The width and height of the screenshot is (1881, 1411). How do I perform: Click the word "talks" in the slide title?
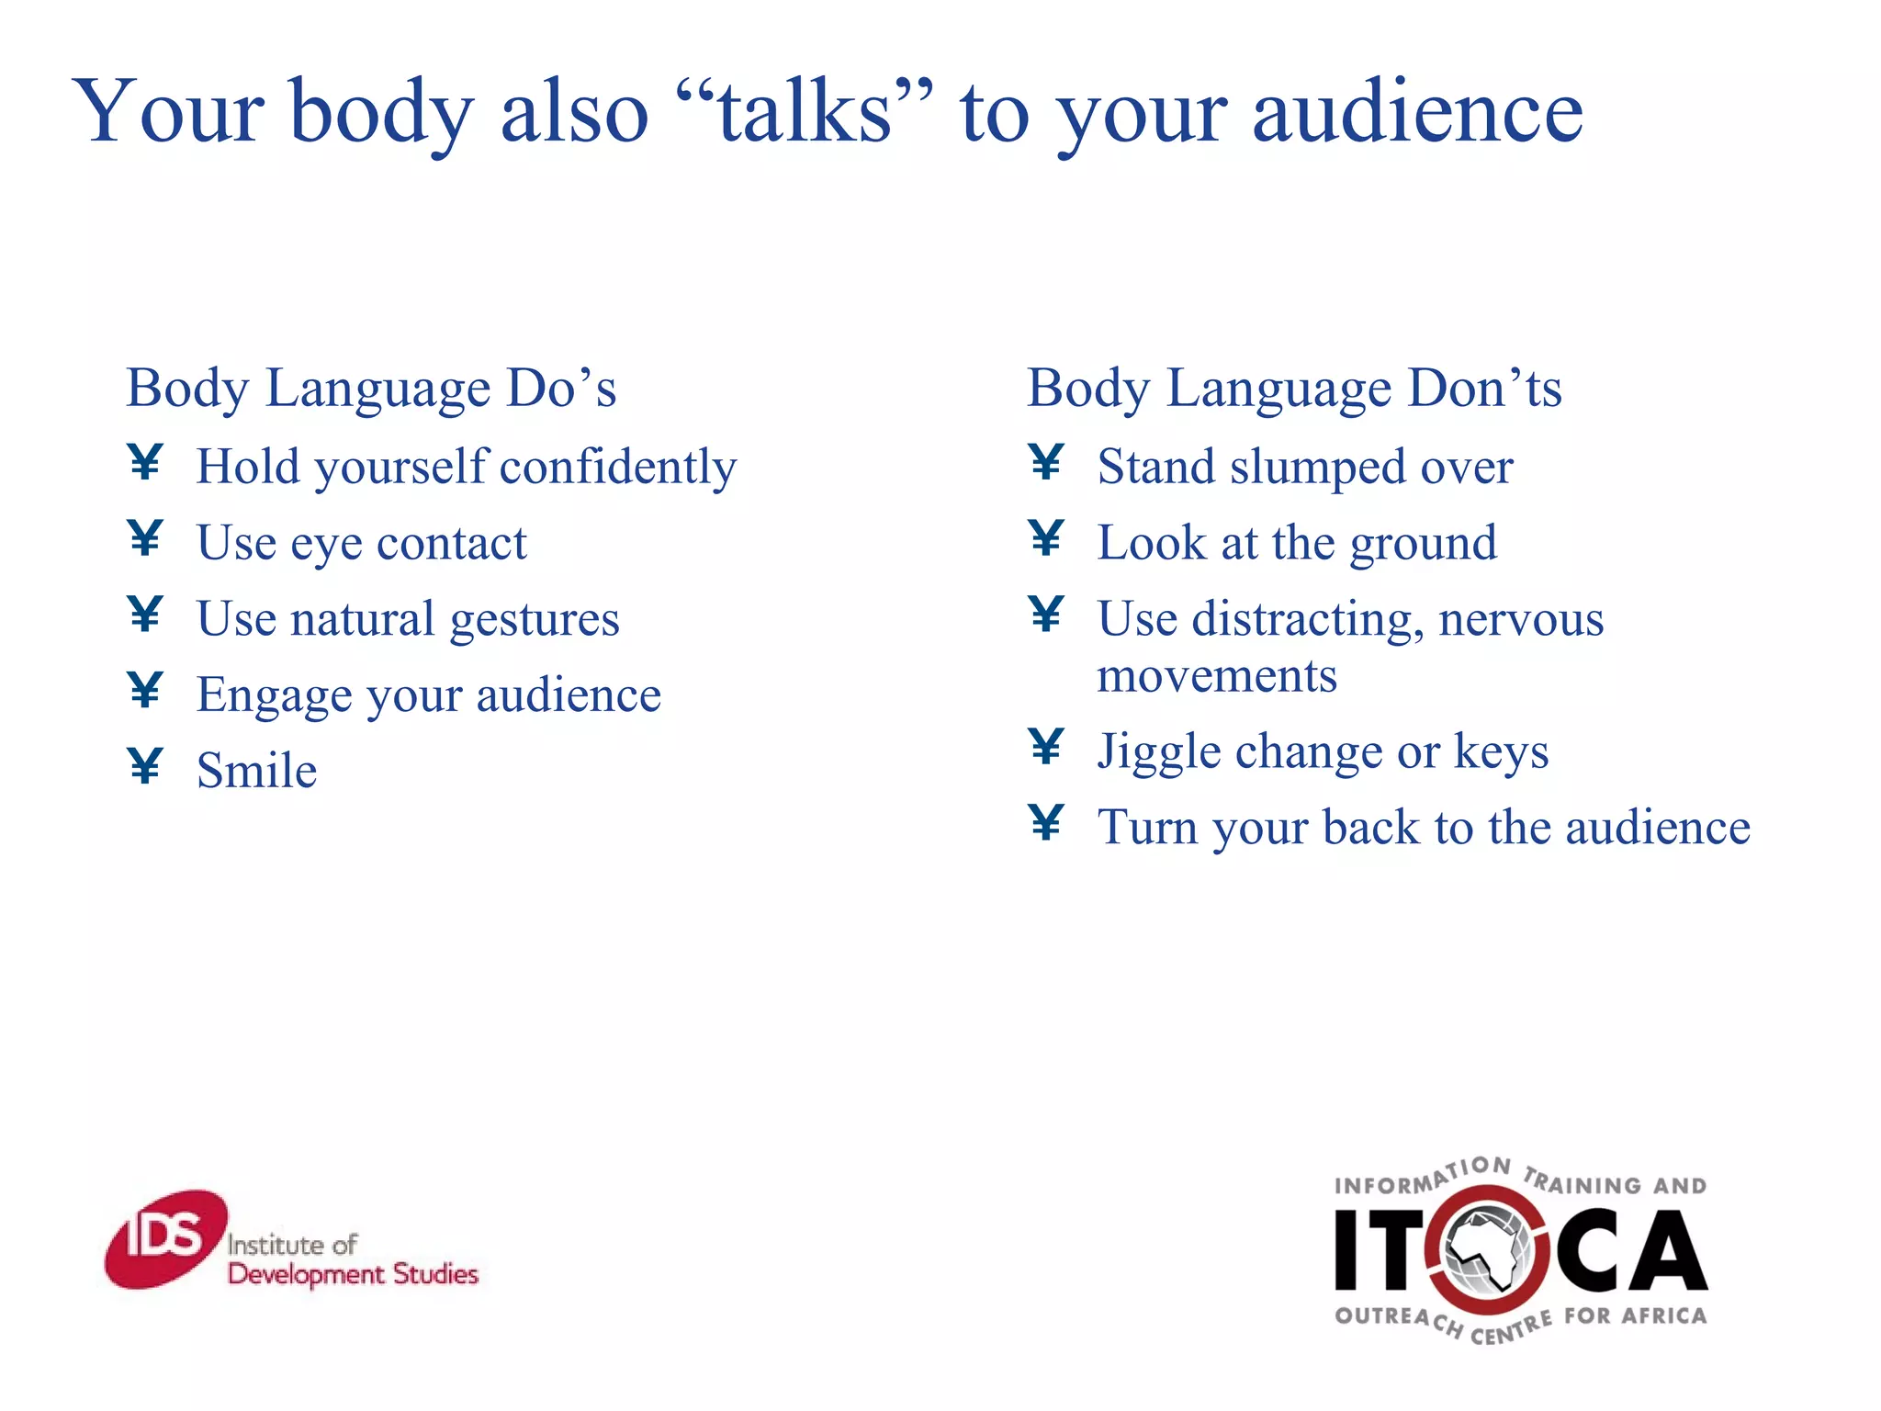[x=805, y=113]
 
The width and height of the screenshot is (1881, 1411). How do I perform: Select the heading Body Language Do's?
[x=371, y=388]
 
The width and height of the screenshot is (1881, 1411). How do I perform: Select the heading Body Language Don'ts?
[x=1293, y=388]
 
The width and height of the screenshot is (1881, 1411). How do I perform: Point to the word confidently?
[x=618, y=467]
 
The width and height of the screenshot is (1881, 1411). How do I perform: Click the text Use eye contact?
[x=362, y=543]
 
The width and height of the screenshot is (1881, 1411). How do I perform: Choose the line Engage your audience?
[x=428, y=695]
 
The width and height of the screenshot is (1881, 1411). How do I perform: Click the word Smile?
[x=257, y=771]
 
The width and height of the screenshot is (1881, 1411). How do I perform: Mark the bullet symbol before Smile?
[x=146, y=766]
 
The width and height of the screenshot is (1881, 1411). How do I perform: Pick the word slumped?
[x=1318, y=467]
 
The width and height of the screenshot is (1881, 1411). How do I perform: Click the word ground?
[x=1423, y=543]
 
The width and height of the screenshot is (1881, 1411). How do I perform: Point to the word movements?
[x=1217, y=677]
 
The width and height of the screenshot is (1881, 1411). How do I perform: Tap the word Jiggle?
[x=1159, y=752]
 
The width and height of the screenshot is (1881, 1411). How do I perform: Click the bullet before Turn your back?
[x=1046, y=823]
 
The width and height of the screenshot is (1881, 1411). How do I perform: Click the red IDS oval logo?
[x=165, y=1239]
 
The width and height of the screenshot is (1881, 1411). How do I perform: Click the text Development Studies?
[x=353, y=1275]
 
